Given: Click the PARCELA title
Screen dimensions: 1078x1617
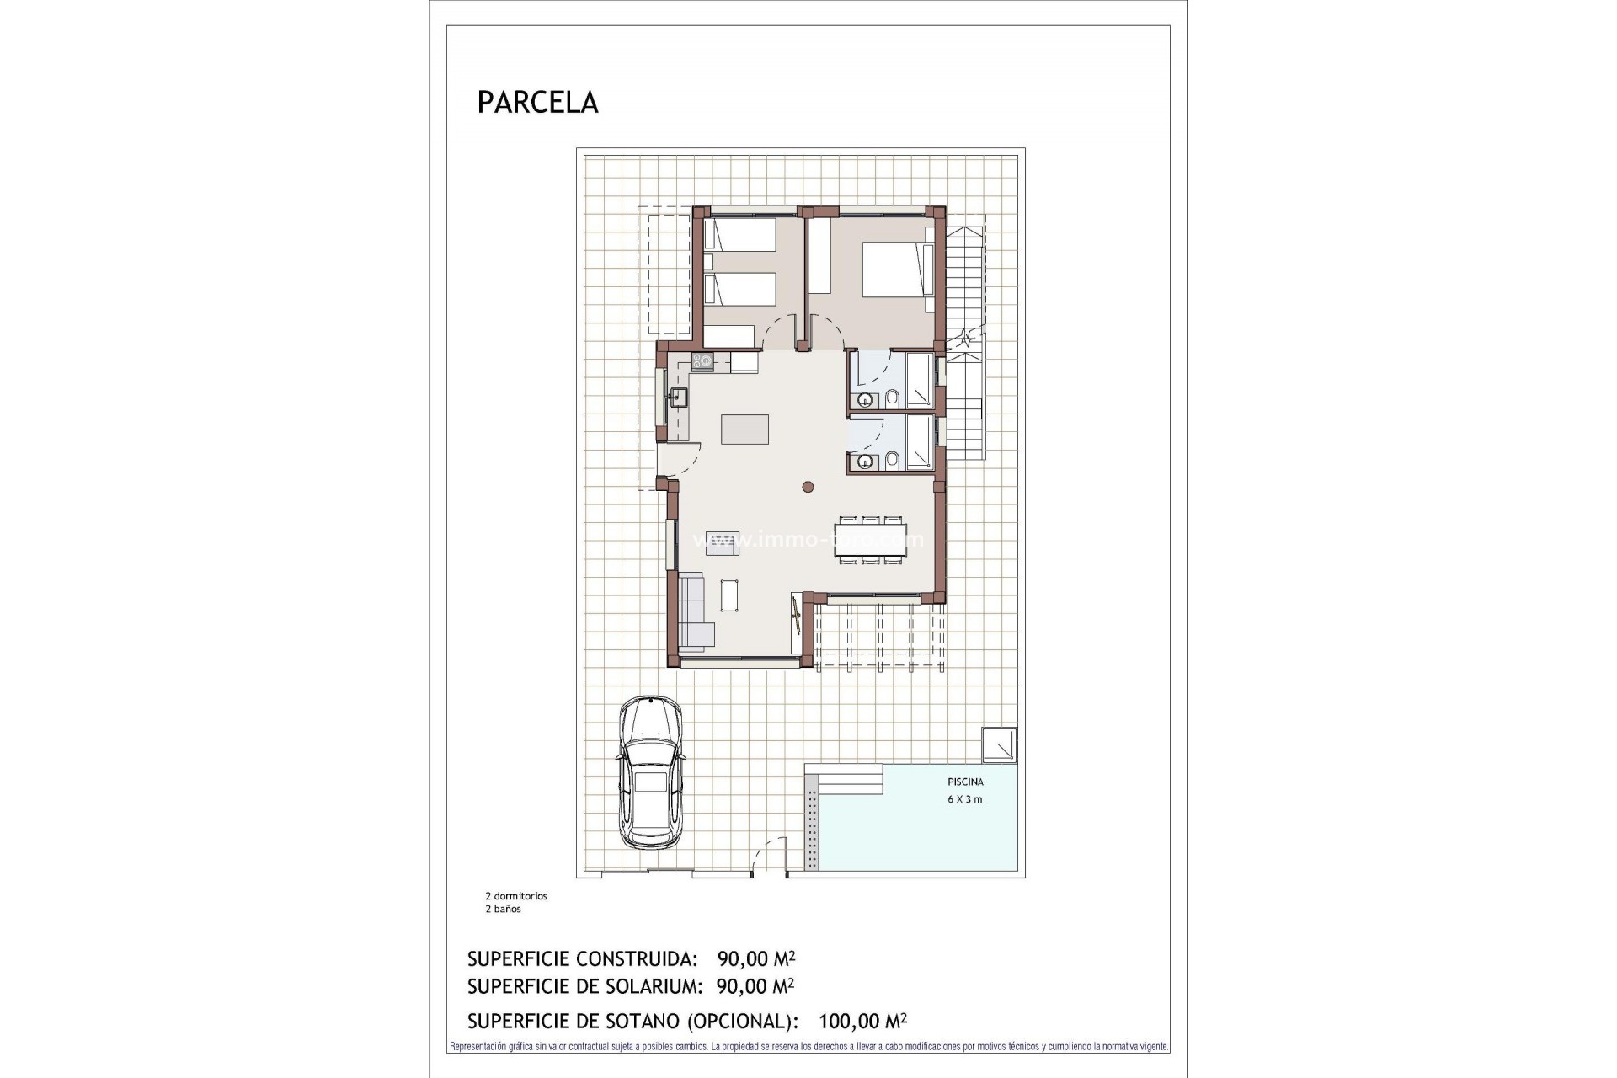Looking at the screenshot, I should point(537,102).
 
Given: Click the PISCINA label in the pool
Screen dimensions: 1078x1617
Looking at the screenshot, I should point(965,782).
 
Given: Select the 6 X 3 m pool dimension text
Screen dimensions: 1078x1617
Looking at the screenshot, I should point(965,799).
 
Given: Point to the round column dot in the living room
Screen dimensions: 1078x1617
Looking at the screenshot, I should point(808,486).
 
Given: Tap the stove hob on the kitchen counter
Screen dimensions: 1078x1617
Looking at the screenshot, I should point(702,361).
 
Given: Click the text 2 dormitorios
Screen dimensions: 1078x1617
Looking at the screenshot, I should point(515,896).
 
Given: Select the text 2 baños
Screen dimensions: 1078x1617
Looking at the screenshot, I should point(503,909).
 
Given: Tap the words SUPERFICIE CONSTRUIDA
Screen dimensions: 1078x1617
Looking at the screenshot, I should point(582,958).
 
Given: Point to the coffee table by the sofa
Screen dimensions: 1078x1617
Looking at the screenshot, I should point(730,595).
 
